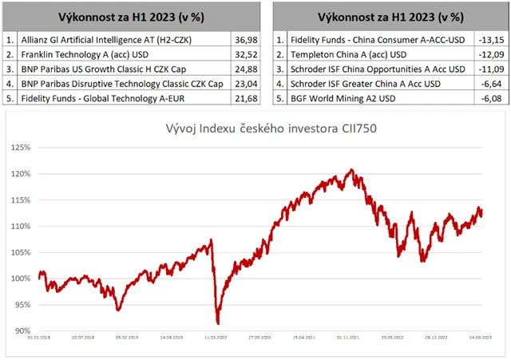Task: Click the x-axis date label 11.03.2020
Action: coord(215,338)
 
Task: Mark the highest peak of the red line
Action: coord(352,169)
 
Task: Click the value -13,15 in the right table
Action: coord(488,38)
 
